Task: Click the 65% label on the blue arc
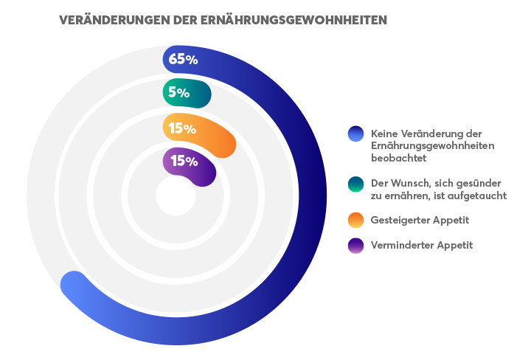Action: (x=183, y=60)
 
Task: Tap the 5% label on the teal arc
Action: (x=178, y=93)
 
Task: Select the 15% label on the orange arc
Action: (x=182, y=128)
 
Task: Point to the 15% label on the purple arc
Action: (x=184, y=161)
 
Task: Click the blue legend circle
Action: (x=356, y=134)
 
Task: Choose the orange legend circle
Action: (x=356, y=220)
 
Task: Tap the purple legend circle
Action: (x=356, y=245)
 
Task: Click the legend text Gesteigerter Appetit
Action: (x=420, y=220)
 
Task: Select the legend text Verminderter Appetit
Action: (x=422, y=245)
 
